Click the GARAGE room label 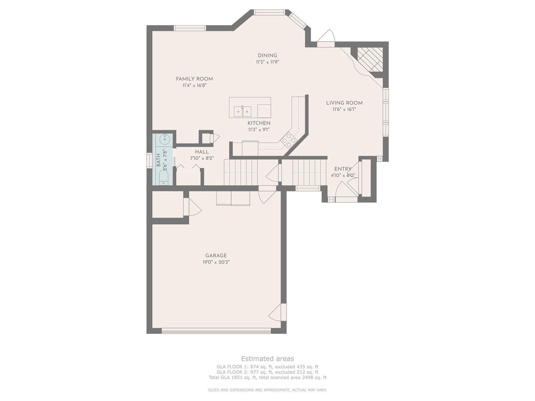click(216, 255)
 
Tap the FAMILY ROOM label click(194, 79)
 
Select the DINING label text click(267, 55)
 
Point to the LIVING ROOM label click(344, 103)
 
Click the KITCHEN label click(259, 123)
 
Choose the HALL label click(202, 152)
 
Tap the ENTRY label click(343, 169)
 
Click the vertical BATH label click(158, 160)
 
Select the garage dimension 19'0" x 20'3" click(214, 262)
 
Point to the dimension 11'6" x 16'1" click(344, 110)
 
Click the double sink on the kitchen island click(242, 112)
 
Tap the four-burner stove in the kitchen click(289, 140)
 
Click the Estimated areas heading click(267, 359)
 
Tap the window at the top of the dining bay click(269, 12)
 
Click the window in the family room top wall click(190, 28)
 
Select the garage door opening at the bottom click(216, 330)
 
